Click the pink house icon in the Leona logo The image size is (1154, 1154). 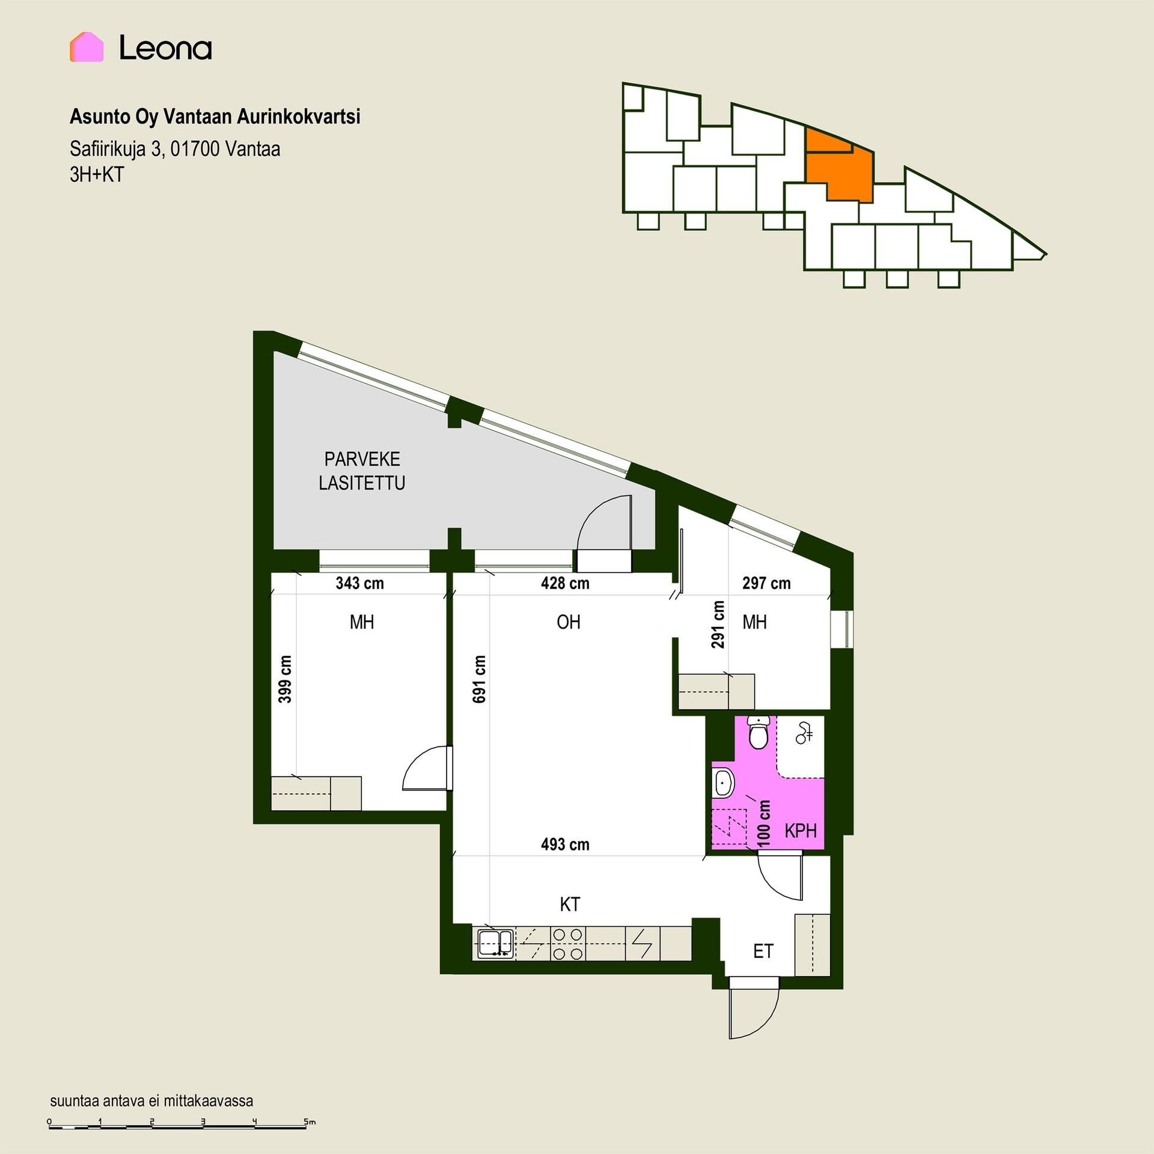(x=87, y=47)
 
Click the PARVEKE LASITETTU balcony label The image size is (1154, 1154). (x=362, y=471)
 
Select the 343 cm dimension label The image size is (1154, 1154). (x=359, y=583)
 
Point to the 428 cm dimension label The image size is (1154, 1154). (x=565, y=583)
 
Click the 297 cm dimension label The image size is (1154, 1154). (x=766, y=583)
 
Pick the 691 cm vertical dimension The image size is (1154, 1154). (x=480, y=679)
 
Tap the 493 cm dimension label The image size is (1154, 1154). (x=565, y=844)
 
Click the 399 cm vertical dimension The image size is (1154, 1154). (x=285, y=679)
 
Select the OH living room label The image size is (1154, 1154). (x=569, y=622)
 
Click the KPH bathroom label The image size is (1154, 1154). (x=801, y=831)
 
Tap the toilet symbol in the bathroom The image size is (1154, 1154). (x=759, y=732)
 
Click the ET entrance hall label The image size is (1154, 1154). (x=763, y=951)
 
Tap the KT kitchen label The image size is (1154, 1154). (x=570, y=905)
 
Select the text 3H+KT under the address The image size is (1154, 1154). (x=97, y=174)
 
